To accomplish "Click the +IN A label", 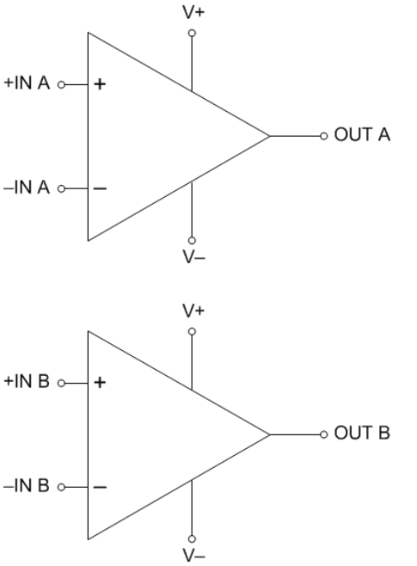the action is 27,83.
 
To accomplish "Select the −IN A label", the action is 27,188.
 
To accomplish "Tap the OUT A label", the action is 362,135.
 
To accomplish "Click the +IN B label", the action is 27,381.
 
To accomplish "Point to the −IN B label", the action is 27,485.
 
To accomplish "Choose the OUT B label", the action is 362,433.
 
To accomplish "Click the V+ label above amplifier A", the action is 193,13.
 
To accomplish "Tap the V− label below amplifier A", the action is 194,257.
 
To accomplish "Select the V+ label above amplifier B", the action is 193,311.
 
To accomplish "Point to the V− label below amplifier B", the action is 194,556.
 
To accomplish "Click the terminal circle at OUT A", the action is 324,136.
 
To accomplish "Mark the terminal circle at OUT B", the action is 324,434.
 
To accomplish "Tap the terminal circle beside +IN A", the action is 61,85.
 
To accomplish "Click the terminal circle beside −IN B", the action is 61,488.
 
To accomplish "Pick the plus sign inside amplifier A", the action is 100,84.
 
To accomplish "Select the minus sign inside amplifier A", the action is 100,188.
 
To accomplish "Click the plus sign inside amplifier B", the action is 100,382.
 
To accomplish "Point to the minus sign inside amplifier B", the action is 100,488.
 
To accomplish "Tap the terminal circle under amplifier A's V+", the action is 192,34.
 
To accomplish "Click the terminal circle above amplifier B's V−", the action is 192,539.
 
